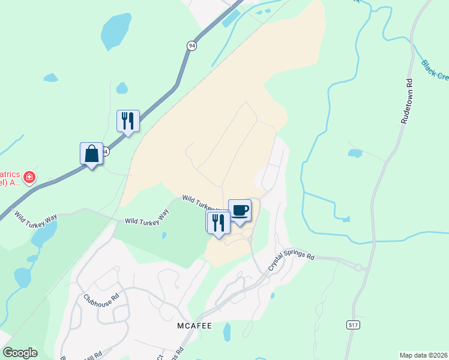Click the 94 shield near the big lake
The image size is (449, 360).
click(191, 46)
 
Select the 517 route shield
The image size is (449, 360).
click(354, 325)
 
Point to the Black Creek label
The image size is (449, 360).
click(435, 71)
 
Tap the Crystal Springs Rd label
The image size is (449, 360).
click(292, 259)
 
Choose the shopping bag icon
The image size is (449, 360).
click(91, 154)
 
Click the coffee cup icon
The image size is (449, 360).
click(240, 210)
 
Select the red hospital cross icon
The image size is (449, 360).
click(29, 178)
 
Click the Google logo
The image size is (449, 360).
click(20, 353)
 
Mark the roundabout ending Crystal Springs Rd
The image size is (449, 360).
click(359, 268)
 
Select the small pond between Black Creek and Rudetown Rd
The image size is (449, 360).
click(355, 153)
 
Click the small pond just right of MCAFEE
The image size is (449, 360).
click(227, 331)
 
